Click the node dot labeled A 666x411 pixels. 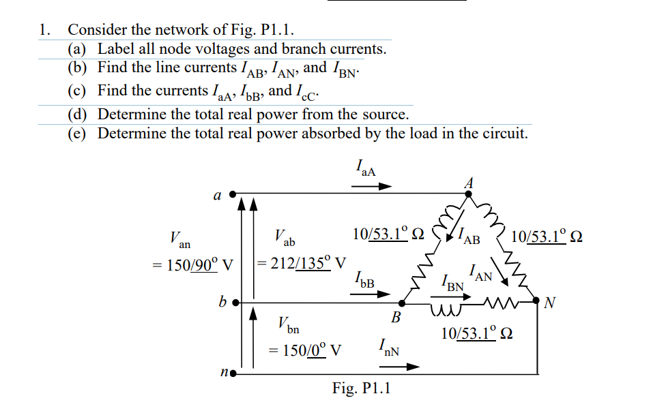tap(469, 194)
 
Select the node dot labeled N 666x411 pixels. tap(536, 301)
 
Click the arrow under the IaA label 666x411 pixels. tap(377, 185)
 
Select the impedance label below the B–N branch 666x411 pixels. tap(477, 334)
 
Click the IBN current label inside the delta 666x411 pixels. tap(452, 281)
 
